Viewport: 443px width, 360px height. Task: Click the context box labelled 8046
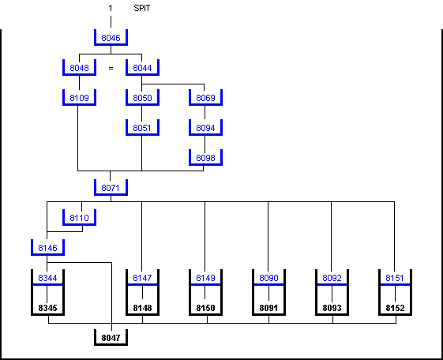pos(111,38)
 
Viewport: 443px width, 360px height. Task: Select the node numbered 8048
pos(79,68)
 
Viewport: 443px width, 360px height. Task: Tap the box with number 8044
pos(142,68)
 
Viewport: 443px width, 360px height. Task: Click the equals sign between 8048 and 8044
pos(111,68)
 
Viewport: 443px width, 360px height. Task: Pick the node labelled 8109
pos(79,98)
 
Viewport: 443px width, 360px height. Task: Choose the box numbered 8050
pos(142,98)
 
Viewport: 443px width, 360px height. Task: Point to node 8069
pos(205,98)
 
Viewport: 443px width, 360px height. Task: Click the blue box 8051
pos(142,128)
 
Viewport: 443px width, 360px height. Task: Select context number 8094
pos(205,128)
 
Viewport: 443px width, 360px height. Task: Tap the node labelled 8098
pos(205,158)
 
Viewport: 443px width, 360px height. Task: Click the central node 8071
pos(111,188)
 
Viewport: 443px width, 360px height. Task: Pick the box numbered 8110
pos(79,218)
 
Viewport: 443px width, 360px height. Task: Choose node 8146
pos(47,248)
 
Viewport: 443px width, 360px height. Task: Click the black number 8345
pos(47,308)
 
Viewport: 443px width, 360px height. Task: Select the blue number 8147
pos(142,278)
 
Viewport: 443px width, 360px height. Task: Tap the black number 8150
pos(205,308)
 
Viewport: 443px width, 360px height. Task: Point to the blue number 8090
pos(268,278)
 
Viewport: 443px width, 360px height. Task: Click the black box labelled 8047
pos(111,338)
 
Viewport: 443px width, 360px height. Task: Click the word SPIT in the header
pos(142,8)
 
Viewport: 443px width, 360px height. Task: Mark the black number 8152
pos(396,308)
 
